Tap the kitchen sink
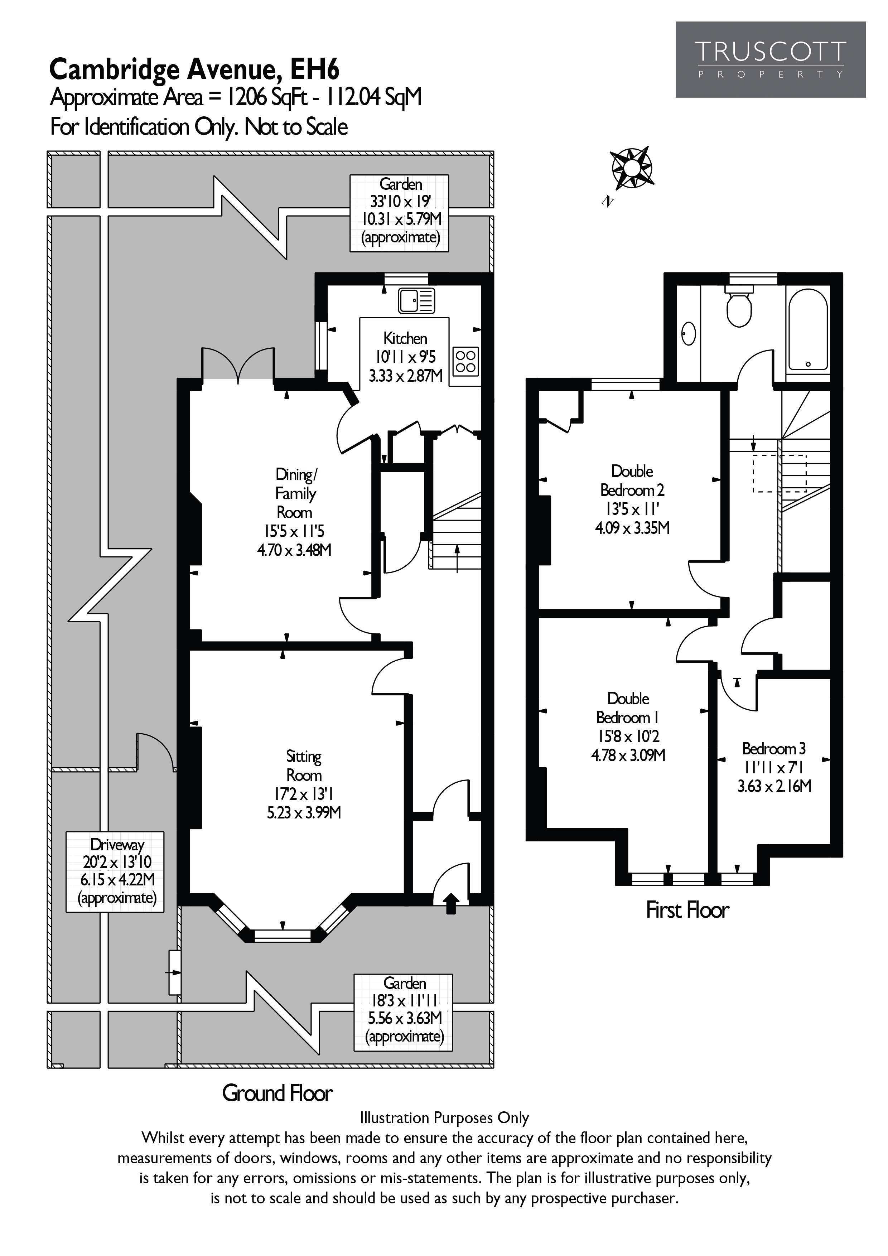[x=416, y=300]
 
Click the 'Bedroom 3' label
[x=774, y=748]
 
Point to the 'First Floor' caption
[x=687, y=910]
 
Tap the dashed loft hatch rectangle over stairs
[x=779, y=473]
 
